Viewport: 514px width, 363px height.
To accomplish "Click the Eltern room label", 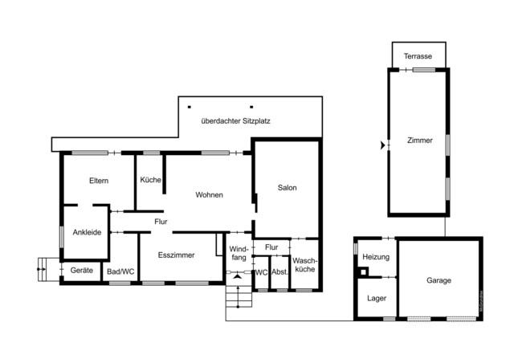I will [99, 181].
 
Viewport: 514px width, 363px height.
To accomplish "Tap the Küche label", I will [150, 180].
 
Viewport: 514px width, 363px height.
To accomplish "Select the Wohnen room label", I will [209, 195].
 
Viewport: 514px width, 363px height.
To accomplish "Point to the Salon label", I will [287, 188].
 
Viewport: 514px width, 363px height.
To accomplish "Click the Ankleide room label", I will [87, 233].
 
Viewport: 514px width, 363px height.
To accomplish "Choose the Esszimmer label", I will [176, 255].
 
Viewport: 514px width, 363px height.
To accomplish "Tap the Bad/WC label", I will [121, 271].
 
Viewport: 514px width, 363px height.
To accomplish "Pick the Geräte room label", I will [82, 271].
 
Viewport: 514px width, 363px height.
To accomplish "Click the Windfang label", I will [239, 253].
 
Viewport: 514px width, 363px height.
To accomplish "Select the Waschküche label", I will [304, 265].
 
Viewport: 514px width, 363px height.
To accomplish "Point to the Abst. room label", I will [279, 272].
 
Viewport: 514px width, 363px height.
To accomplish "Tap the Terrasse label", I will [418, 57].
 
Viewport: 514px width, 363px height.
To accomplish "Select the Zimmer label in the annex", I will [419, 141].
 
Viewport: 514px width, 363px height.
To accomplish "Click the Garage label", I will [439, 280].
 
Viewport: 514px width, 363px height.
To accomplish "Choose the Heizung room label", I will [376, 257].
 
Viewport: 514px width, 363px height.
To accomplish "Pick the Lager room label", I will [376, 298].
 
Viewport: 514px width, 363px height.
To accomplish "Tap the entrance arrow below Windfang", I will [236, 276].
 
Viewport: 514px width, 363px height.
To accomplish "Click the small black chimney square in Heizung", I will [363, 271].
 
